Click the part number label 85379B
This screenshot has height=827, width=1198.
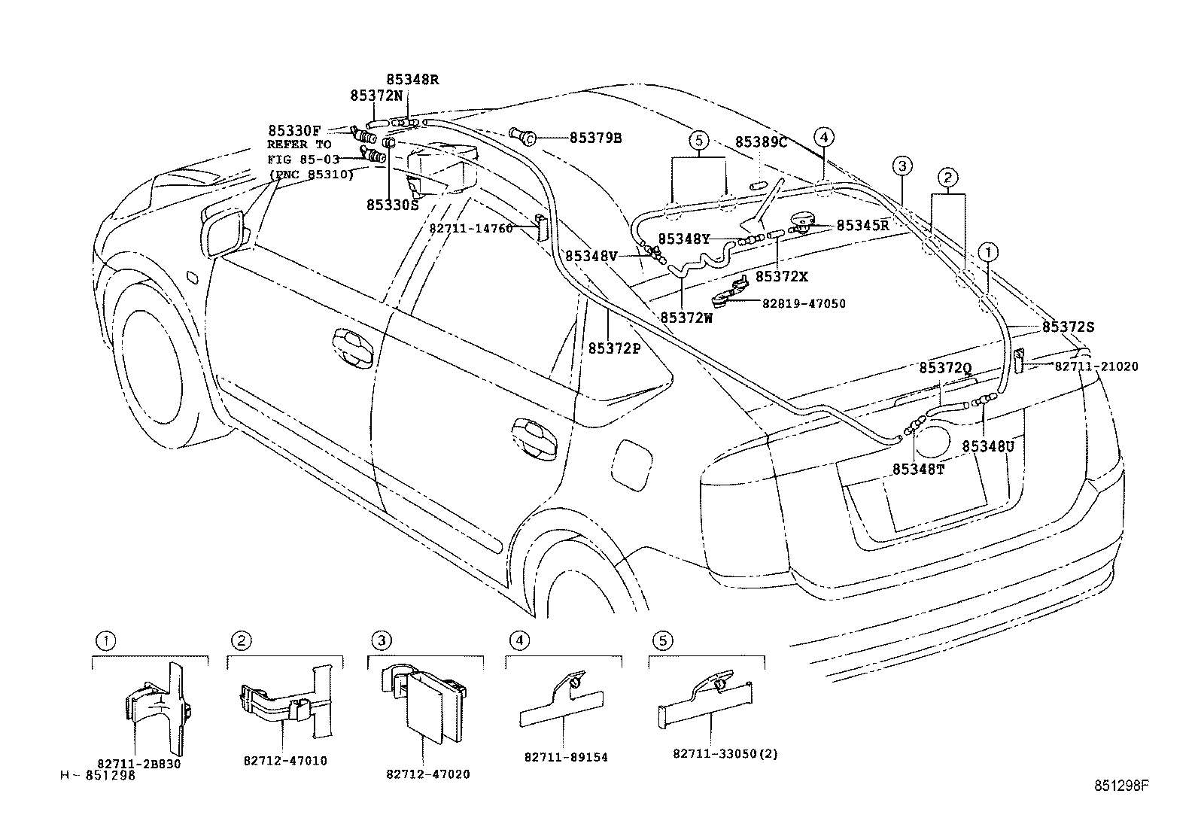tap(595, 138)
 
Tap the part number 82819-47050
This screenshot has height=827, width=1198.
tap(804, 304)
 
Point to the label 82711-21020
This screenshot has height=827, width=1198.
tap(1096, 366)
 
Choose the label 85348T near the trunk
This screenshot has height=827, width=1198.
tap(918, 469)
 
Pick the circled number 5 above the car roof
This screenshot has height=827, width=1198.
tap(698, 140)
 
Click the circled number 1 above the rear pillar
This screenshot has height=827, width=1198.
tap(987, 251)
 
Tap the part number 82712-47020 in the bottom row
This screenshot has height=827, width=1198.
tap(427, 774)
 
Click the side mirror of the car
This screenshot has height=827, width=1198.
tap(223, 230)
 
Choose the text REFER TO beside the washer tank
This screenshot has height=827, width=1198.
tap(299, 144)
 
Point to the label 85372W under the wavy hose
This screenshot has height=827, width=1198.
tap(686, 318)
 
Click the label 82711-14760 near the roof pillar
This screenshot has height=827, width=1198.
tap(471, 228)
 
